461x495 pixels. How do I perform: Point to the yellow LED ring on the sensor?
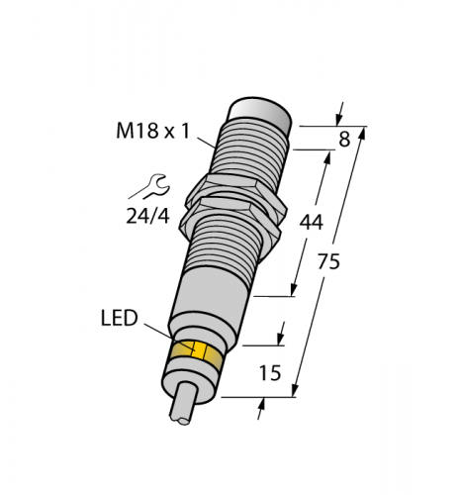pyautogui.click(x=197, y=352)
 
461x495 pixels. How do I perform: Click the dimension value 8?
pyautogui.click(x=343, y=140)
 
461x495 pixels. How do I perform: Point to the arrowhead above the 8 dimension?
pyautogui.click(x=341, y=109)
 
